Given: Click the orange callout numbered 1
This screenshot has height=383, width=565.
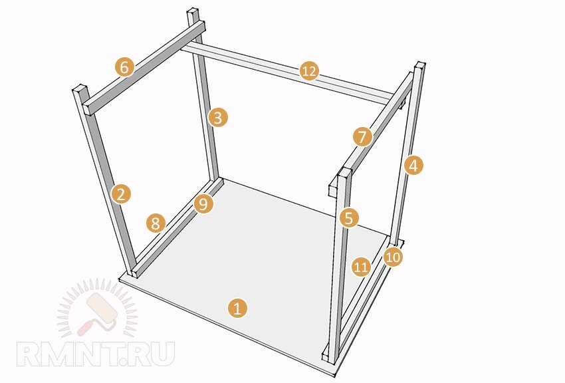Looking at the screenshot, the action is click(237, 308).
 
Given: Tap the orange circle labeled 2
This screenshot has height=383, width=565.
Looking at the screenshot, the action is click(121, 194).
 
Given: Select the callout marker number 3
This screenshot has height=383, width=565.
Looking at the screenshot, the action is click(217, 118).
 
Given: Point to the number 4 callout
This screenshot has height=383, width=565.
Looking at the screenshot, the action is click(413, 166).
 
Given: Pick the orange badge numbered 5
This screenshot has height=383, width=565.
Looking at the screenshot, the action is click(349, 218).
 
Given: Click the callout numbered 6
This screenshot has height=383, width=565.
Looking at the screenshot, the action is click(124, 67).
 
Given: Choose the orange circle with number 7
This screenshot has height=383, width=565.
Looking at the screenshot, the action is click(362, 137).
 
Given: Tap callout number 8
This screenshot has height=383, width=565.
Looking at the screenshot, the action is click(156, 223).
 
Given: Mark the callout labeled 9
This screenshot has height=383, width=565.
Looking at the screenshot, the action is click(203, 204).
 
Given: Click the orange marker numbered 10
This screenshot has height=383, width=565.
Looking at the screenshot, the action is click(393, 257).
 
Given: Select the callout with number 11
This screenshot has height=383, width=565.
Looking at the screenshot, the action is click(361, 267).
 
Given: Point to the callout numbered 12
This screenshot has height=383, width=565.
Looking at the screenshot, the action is click(309, 71).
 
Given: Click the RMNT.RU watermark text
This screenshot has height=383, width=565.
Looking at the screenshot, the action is click(96, 354).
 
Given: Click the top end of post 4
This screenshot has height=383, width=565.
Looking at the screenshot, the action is click(420, 66).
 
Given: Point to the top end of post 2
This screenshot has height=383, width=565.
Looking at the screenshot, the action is click(80, 88).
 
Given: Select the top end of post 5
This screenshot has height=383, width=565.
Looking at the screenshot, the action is click(344, 172).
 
